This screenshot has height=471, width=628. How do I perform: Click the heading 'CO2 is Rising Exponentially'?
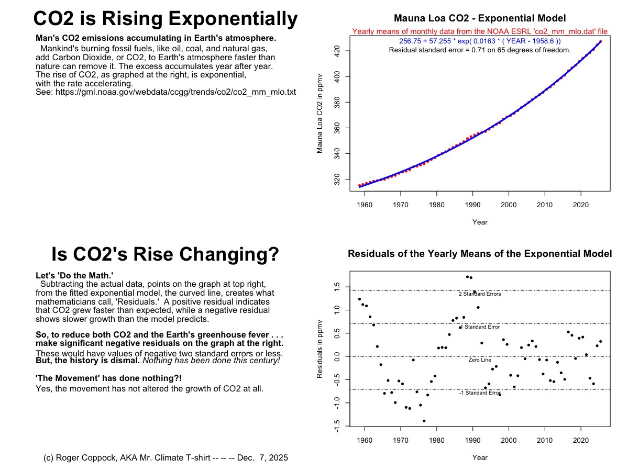tap(166, 19)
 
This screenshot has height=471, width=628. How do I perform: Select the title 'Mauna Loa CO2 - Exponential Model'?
tap(480, 18)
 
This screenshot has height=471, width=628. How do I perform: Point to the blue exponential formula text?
tap(480, 41)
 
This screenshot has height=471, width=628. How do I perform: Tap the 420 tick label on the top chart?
tap(337, 51)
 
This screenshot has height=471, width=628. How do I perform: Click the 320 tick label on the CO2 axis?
tap(337, 180)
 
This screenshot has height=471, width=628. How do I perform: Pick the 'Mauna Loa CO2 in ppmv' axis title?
tap(319, 114)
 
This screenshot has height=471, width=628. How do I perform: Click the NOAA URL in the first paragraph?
tap(175, 92)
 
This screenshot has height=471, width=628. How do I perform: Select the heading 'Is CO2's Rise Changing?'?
tap(165, 254)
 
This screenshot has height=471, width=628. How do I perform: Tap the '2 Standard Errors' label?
tap(480, 294)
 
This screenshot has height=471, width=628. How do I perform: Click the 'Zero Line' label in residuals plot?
tap(480, 360)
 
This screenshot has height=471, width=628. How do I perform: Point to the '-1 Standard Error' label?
tap(480, 392)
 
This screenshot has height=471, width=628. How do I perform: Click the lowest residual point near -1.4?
tap(424, 421)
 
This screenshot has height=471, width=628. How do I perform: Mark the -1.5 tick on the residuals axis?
tap(337, 426)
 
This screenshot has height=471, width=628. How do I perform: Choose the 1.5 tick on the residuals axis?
tap(337, 288)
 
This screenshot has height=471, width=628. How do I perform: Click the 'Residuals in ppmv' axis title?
tap(319, 349)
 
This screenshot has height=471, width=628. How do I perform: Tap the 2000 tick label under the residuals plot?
tap(509, 440)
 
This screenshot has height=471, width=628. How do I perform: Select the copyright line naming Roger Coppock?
tap(166, 458)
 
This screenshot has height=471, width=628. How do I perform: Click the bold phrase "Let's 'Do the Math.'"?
tap(74, 276)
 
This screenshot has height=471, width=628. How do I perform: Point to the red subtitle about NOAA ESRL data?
tap(480, 31)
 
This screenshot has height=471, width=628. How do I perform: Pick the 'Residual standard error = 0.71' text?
tap(480, 50)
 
